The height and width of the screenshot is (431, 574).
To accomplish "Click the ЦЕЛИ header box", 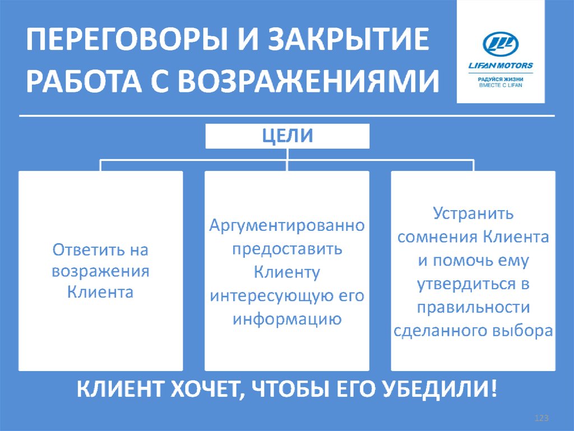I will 288,136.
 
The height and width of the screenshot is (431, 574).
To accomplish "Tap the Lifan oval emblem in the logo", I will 501,44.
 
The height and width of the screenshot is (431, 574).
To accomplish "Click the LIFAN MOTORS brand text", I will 501,66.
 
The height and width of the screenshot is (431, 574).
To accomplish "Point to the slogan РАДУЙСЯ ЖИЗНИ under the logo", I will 501,80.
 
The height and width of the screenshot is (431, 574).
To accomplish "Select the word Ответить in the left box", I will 85,249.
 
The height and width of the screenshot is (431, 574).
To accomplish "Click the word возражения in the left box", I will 101,271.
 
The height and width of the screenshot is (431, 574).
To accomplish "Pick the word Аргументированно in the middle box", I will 287,226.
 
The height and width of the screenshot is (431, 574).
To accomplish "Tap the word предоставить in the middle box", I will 287,249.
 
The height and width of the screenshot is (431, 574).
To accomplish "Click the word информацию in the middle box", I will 287,319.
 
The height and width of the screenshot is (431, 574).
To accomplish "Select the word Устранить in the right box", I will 473,214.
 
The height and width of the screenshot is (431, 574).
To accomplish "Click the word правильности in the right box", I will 473,307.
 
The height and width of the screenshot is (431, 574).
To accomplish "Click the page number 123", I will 541,419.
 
